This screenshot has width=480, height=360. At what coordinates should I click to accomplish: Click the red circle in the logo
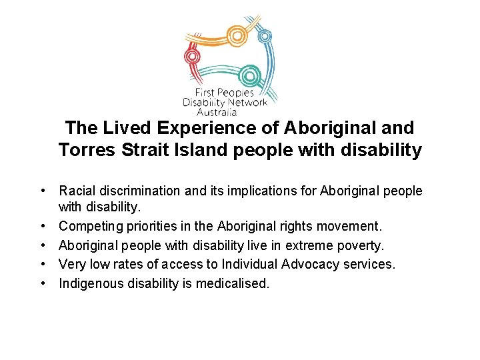coord(193,55)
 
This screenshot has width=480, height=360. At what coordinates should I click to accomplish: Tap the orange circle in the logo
coord(236,35)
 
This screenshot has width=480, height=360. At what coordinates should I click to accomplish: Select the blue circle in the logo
coord(265,36)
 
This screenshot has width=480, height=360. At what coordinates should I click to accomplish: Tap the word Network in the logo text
coord(247,103)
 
